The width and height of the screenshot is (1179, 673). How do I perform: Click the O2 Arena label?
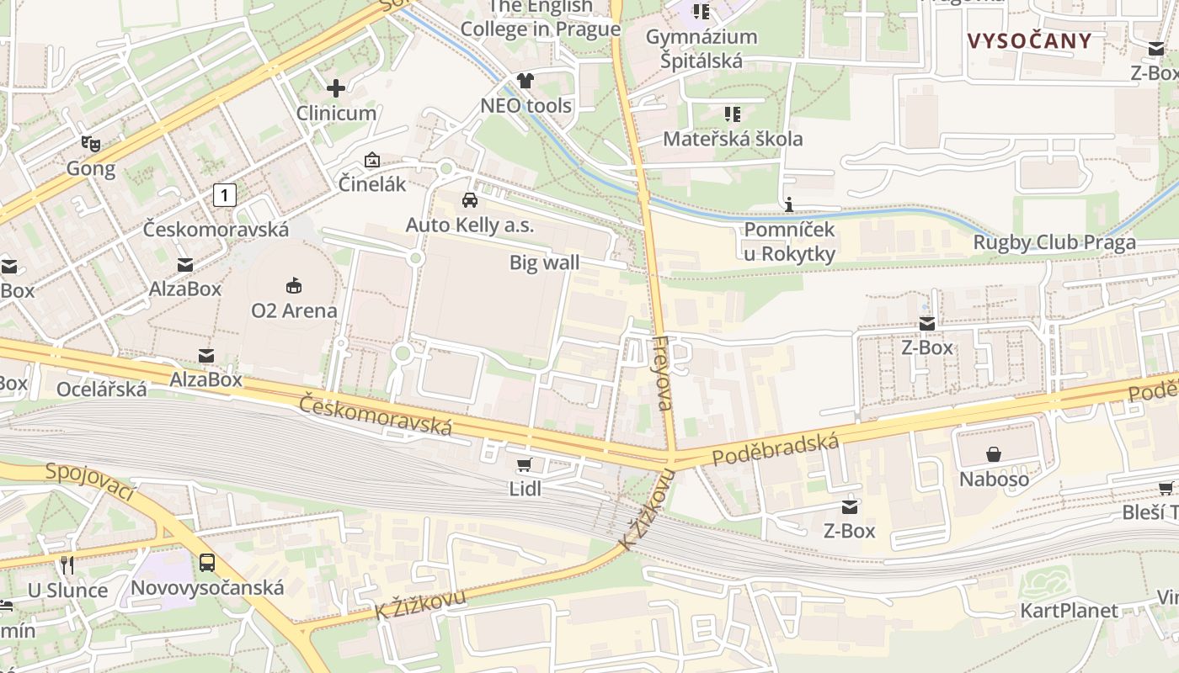pyautogui.click(x=294, y=310)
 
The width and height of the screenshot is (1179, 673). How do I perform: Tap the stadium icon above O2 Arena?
pyautogui.click(x=294, y=286)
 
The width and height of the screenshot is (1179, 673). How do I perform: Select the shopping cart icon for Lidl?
pyautogui.click(x=524, y=465)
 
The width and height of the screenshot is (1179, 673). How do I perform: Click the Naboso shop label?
pyautogui.click(x=994, y=479)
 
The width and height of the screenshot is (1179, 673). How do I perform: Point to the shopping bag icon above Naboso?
pyautogui.click(x=994, y=454)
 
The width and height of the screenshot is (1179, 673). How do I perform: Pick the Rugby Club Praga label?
pyautogui.click(x=1054, y=242)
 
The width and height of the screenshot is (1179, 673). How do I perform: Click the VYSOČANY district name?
pyautogui.click(x=1029, y=40)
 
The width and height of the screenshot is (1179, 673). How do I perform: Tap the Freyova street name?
pyautogui.click(x=663, y=373)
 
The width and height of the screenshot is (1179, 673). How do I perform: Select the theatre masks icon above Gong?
pyautogui.click(x=91, y=144)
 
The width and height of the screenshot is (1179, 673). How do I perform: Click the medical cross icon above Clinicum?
pyautogui.click(x=336, y=88)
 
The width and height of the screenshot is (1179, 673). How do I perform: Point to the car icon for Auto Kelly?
pyautogui.click(x=470, y=200)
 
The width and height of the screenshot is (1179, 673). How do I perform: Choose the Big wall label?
pyautogui.click(x=544, y=262)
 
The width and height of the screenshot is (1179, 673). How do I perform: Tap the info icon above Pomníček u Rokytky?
pyautogui.click(x=789, y=204)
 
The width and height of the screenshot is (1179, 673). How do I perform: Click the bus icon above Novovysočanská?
pyautogui.click(x=207, y=563)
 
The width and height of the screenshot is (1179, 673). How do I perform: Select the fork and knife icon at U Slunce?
pyautogui.click(x=67, y=565)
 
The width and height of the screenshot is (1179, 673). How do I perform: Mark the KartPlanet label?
pyautogui.click(x=1069, y=610)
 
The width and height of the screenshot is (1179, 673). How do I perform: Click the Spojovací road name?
pyautogui.click(x=90, y=483)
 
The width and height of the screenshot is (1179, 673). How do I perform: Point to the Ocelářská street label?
pyautogui.click(x=101, y=389)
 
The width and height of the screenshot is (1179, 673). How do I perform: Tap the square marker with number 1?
pyautogui.click(x=224, y=195)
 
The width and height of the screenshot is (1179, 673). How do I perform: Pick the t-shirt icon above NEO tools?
pyautogui.click(x=525, y=81)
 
